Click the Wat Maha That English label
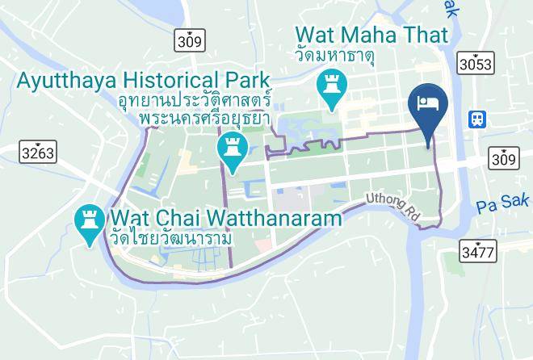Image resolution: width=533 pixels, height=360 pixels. coord(371,36)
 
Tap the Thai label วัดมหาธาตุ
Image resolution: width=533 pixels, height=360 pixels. coord(347,57)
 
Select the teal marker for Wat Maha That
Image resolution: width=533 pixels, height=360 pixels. coord(331,87)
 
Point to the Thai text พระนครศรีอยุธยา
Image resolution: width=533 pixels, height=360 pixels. coord(204,119)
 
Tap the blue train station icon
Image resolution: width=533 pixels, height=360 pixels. coord(478,119)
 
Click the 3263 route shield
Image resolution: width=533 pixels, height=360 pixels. coord(36,151)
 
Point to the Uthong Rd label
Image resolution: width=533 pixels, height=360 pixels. coord(394,204)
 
